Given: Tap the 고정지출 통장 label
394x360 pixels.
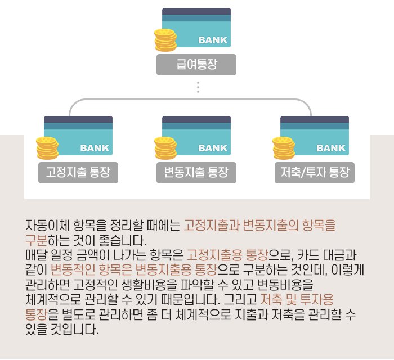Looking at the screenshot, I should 78,173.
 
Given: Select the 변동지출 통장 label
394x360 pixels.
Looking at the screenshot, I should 196,173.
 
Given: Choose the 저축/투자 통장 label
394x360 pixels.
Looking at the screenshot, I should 315,173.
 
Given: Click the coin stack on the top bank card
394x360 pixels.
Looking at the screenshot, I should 165,39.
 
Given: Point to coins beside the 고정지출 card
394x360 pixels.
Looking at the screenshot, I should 47,147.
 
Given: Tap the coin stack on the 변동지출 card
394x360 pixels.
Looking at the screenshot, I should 165,147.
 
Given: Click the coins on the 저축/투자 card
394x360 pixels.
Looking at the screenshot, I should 284,147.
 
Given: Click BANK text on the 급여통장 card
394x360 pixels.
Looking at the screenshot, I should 213,40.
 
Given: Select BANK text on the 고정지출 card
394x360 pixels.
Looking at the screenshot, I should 95,148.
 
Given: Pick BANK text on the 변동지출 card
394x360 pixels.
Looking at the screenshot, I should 213,148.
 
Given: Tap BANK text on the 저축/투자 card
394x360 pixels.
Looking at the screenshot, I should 331,148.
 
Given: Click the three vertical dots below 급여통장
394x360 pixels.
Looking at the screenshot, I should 198,88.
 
